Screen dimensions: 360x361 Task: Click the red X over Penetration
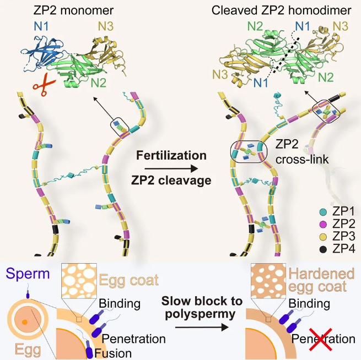click(x=304, y=339)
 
